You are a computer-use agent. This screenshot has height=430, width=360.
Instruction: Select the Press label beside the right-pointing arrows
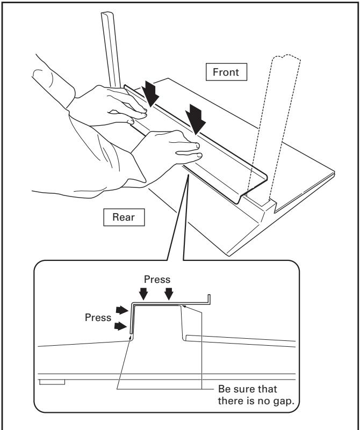pyautogui.click(x=98, y=317)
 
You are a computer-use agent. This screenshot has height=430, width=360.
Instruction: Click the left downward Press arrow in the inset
pyautogui.click(x=143, y=294)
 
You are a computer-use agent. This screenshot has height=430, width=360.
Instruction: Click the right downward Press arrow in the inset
pyautogui.click(x=169, y=294)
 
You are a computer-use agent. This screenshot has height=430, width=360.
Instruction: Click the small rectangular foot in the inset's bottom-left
pyautogui.click(x=53, y=382)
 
